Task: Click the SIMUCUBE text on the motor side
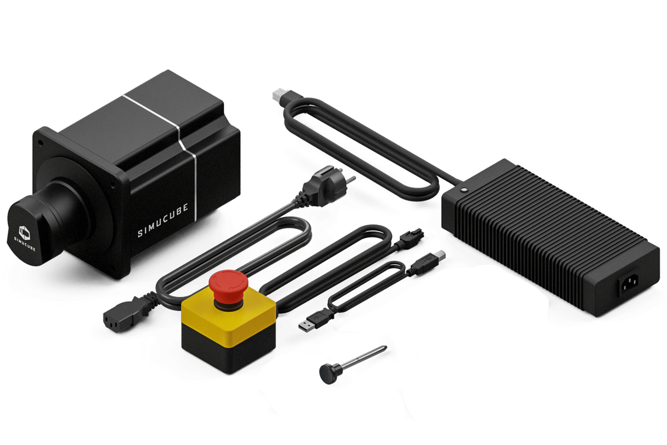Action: (x=163, y=220)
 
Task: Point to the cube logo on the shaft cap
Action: (x=24, y=233)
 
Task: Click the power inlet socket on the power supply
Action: (x=629, y=284)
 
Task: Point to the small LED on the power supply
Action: (x=464, y=190)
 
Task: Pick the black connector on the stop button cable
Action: (x=411, y=238)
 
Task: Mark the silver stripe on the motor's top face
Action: (x=151, y=112)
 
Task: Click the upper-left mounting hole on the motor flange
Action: (x=41, y=143)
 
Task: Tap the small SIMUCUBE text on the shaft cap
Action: (x=25, y=244)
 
